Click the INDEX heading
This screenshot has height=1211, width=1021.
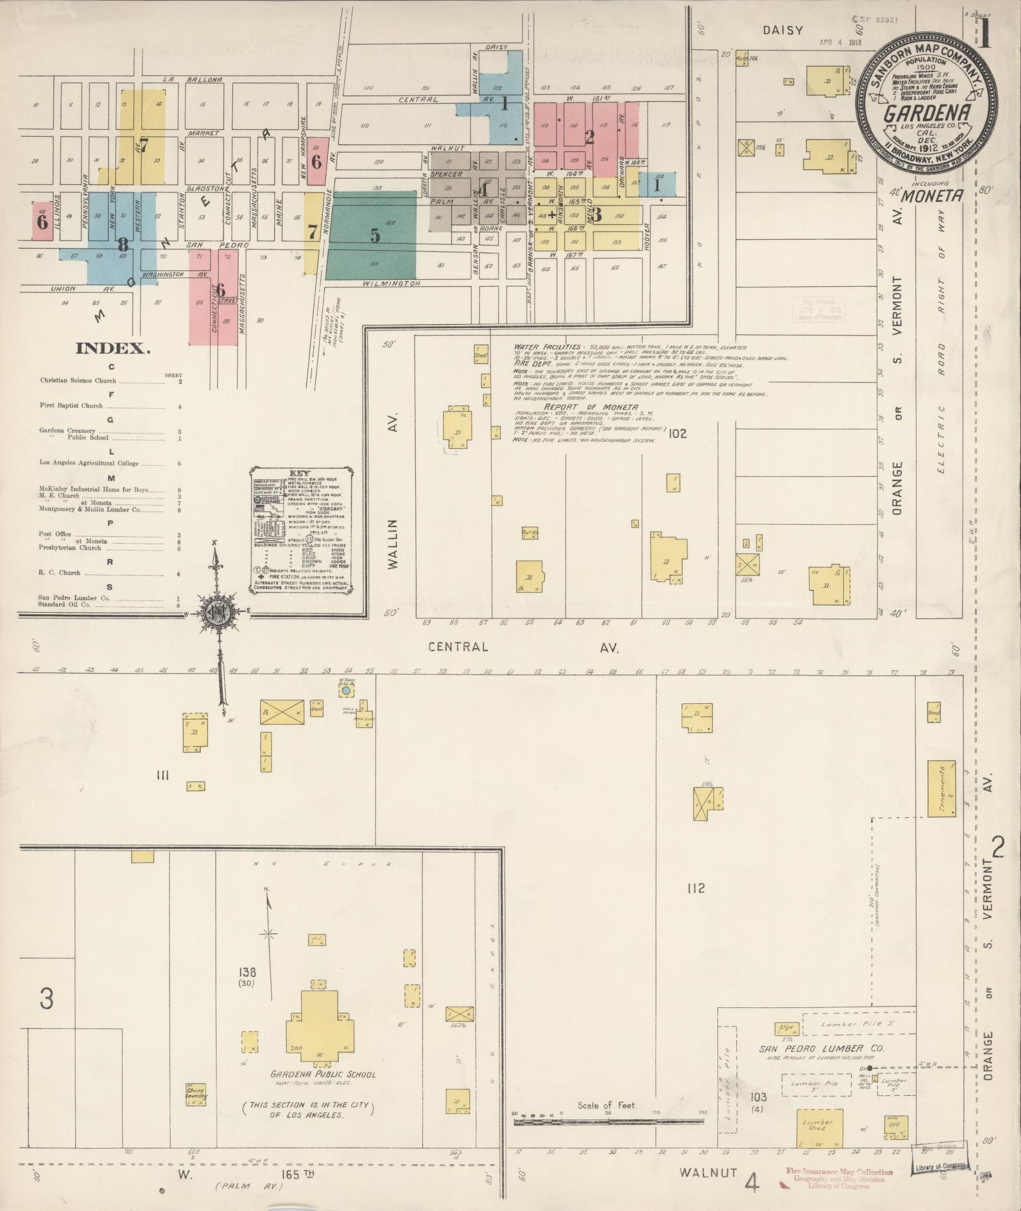point(113,348)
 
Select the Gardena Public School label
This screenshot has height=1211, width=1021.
point(323,1074)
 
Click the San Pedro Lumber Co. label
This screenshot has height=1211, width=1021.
point(822,1048)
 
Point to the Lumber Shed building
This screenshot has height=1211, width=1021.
point(819,1127)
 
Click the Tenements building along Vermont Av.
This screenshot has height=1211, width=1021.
point(941,788)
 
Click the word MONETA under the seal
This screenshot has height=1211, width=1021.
point(931,196)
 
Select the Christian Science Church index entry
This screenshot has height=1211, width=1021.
point(78,381)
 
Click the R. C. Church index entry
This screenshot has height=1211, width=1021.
point(60,572)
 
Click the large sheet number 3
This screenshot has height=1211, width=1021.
point(46,998)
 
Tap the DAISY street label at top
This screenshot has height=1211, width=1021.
point(782,30)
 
